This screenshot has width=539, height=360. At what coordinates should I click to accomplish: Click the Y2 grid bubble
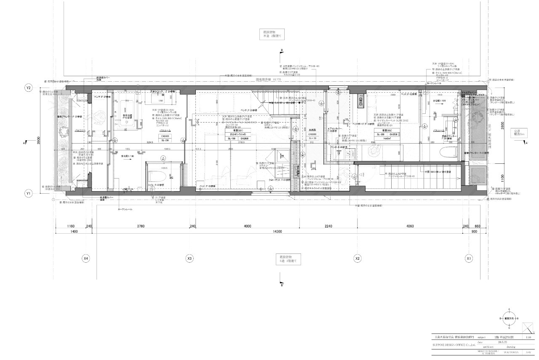point(29,88)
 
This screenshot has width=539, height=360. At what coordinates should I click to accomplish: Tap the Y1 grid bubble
point(29,194)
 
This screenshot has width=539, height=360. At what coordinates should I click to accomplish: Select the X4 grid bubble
point(85,258)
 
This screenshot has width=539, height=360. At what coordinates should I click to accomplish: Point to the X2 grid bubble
point(358,258)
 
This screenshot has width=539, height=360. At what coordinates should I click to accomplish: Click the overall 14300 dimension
point(277,232)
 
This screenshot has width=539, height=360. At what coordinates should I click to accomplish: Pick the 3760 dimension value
point(141,227)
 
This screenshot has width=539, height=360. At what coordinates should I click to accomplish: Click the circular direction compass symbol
point(509,318)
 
